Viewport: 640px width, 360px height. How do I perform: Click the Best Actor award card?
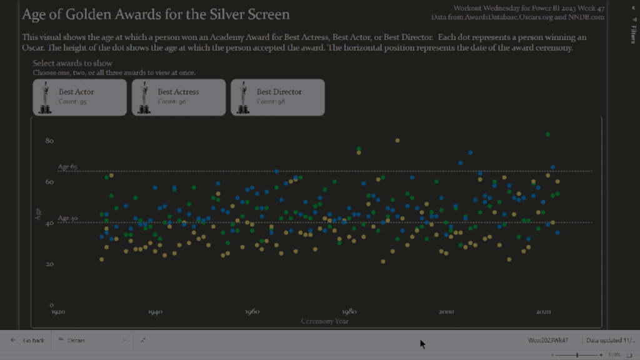80,97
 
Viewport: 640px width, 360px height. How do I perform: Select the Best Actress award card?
179,97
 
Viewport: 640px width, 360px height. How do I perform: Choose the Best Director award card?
278,97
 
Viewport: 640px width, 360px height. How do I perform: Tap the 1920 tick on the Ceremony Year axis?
58,311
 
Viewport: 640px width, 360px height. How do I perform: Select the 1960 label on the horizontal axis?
252,311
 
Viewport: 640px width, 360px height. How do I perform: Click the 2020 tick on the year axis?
543,311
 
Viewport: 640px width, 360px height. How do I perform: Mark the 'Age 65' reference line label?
67,167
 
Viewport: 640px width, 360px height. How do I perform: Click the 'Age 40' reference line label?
67,219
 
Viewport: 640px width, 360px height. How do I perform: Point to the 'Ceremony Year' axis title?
325,321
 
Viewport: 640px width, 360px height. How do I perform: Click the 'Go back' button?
28,340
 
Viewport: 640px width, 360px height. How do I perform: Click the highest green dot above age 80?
548,134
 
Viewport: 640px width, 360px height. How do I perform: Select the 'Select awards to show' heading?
72,64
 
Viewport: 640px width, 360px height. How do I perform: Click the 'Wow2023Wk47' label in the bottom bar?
548,340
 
